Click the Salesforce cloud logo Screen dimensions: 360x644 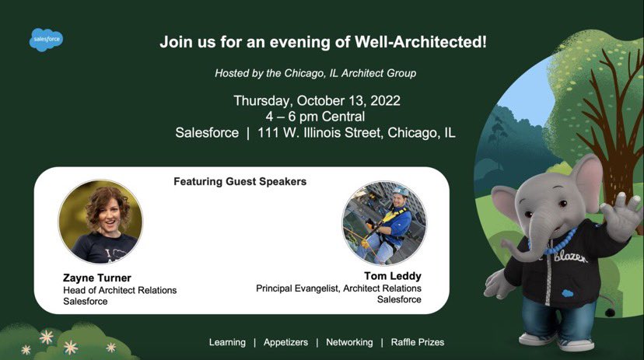[47, 39]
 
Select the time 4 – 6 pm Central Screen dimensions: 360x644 [315, 117]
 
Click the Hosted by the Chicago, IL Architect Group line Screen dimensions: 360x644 [315, 73]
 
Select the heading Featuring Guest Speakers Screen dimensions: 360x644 [240, 182]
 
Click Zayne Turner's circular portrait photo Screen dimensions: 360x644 [100, 222]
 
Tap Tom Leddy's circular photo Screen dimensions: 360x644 [384, 224]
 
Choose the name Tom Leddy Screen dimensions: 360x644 [393, 276]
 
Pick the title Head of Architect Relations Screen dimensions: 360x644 [120, 290]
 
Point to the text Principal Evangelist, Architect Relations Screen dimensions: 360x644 [338, 288]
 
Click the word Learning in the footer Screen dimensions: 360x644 [227, 342]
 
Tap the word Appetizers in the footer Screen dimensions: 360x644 [285, 342]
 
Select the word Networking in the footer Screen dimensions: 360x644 [349, 342]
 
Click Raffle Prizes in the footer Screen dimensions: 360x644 [418, 342]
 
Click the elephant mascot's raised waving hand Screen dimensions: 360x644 [620, 213]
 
